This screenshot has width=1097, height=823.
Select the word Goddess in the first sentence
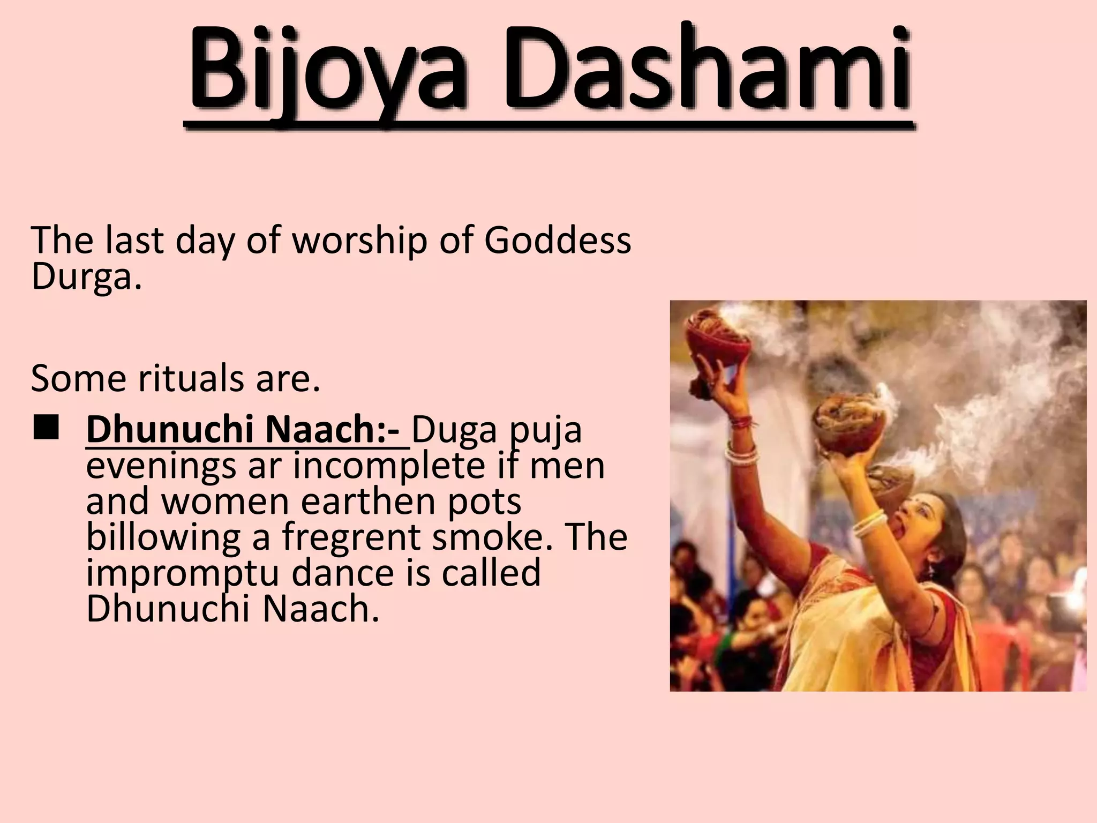pos(558,241)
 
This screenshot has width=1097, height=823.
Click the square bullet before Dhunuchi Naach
pos(46,429)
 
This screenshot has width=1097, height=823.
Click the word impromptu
pos(182,574)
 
